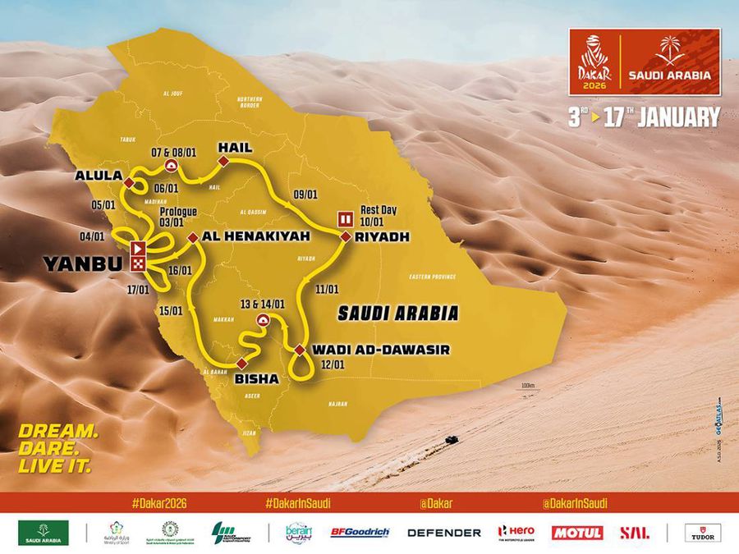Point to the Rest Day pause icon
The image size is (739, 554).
tap(346, 218)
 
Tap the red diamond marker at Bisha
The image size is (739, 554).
tap(241, 362)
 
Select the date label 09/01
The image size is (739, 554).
tap(304, 195)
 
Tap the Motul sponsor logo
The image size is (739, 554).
tap(578, 532)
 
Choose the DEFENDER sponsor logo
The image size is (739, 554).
tap(443, 532)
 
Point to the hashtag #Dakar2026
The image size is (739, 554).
tap(156, 501)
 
